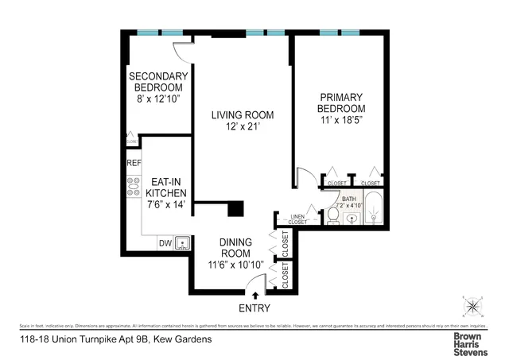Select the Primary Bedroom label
[340, 102]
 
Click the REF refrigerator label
[133, 163]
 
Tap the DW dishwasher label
[165, 243]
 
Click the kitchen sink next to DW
[183, 242]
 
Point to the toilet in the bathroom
[332, 215]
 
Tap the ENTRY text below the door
[254, 308]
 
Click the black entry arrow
[254, 296]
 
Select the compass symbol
[472, 306]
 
